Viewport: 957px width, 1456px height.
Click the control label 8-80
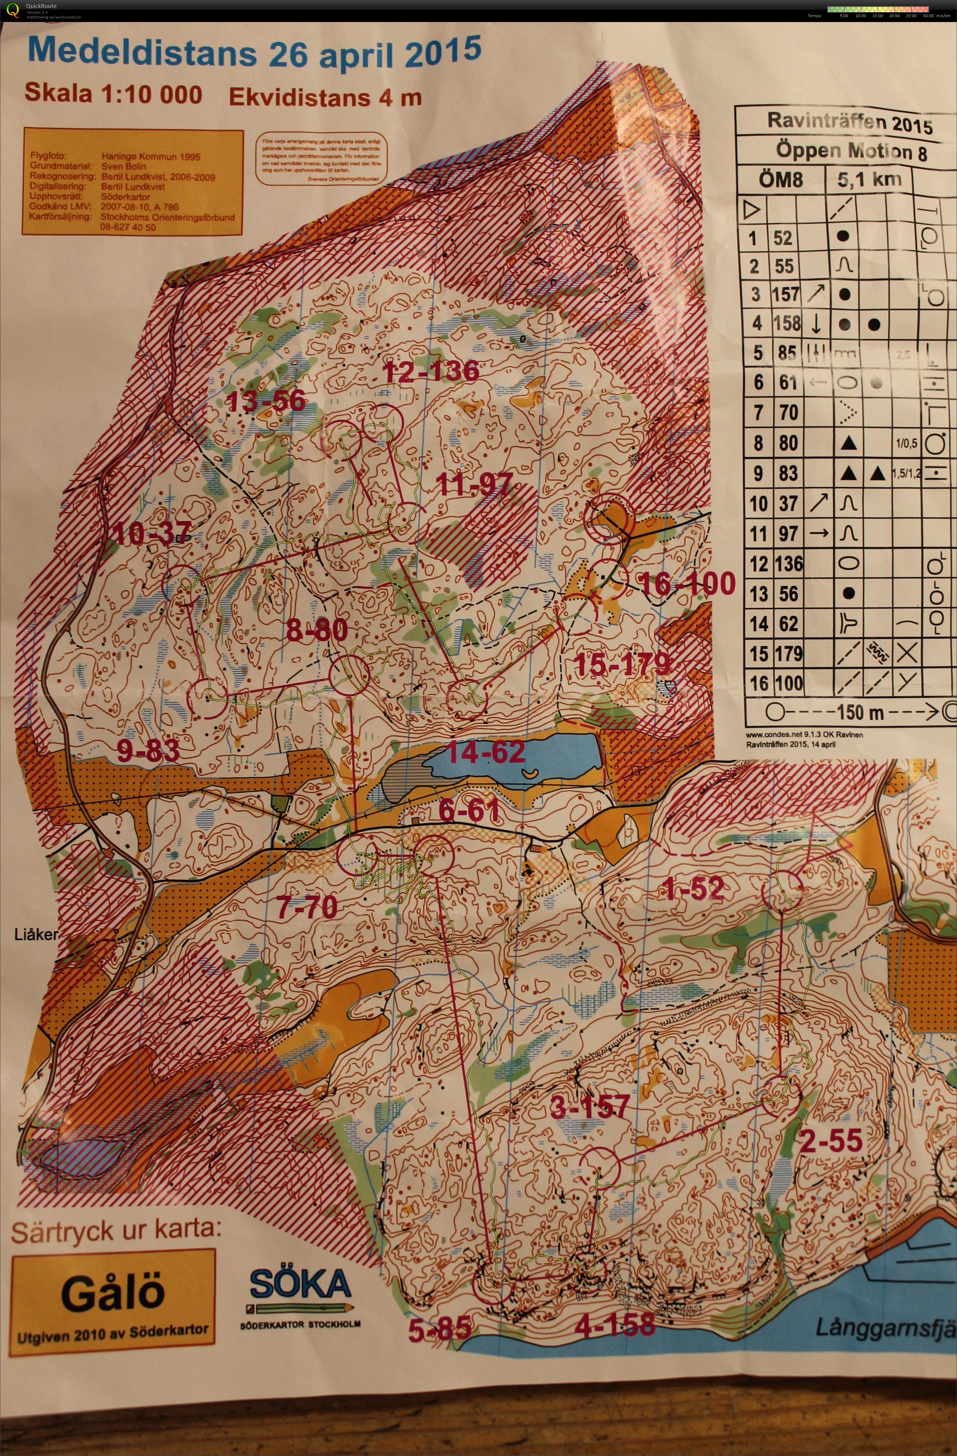(x=317, y=631)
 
